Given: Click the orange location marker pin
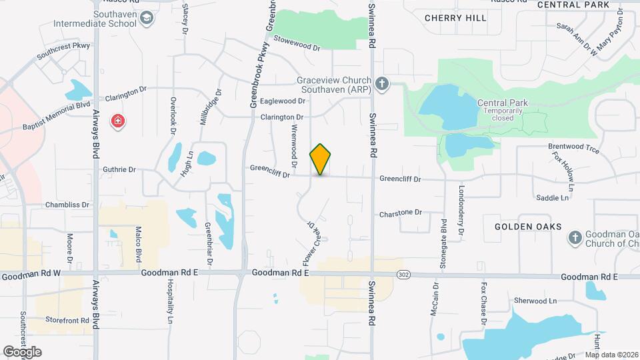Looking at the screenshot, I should [320, 159].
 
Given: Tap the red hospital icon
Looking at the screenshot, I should [119, 121].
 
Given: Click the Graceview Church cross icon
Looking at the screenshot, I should [381, 83].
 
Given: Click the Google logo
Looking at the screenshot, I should [22, 351].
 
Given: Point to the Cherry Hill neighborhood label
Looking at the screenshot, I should [455, 18].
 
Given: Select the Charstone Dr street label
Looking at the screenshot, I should [401, 213].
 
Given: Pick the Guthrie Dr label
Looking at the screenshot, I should [119, 170].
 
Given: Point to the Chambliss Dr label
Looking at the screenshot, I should [67, 205].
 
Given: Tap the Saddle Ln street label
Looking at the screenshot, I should [553, 198].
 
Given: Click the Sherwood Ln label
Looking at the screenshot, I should [535, 301].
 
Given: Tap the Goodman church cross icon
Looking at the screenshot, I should [575, 238].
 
